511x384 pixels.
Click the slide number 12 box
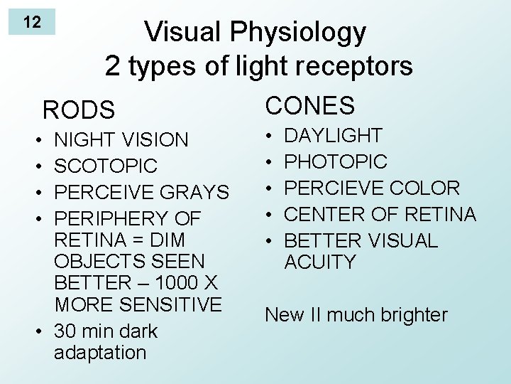pos(32,22)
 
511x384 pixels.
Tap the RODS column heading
pos(78,110)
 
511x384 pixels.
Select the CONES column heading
pos(309,106)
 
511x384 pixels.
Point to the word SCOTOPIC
pos(106,166)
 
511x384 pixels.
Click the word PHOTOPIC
pos(336,162)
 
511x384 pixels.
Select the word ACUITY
pos(319,262)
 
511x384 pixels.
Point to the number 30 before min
pos(65,331)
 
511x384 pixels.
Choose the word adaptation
pos(100,353)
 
